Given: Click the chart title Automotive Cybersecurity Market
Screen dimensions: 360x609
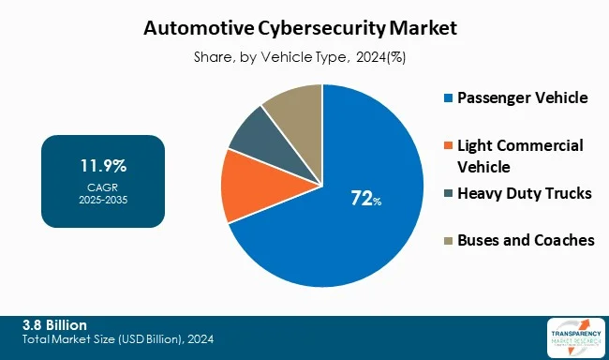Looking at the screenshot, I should click(304, 29).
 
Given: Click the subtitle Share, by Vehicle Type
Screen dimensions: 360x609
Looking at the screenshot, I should click(304, 57).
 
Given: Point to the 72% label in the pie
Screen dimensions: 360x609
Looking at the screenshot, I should click(363, 198).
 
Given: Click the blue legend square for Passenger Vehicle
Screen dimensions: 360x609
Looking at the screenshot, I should click(447, 98).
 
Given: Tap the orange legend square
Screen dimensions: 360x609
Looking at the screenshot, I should click(447, 145).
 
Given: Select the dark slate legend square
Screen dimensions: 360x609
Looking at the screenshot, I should click(447, 194).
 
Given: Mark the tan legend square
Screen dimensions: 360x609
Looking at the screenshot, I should click(447, 241).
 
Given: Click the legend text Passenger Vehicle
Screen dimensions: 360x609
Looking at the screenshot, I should click(522, 98).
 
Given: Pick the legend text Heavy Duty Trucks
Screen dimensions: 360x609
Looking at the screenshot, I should click(524, 194).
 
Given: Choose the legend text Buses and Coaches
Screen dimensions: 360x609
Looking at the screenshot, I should click(525, 241).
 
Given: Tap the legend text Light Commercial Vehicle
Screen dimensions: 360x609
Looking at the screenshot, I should click(519, 157).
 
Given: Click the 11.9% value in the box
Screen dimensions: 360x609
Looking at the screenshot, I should click(103, 167).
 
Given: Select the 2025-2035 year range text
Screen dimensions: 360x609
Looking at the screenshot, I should click(103, 200).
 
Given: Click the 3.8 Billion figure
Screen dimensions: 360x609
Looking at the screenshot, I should click(54, 323).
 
